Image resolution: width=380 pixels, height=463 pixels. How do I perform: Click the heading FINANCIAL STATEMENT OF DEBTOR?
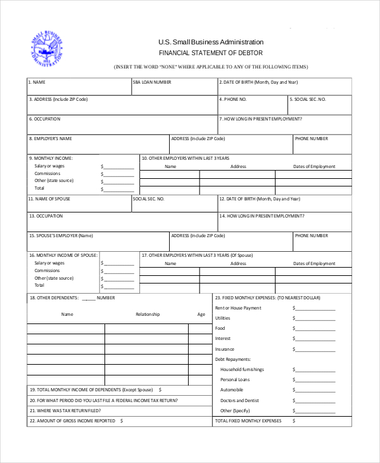pos(210,53)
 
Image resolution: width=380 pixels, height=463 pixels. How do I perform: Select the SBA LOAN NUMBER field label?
pos(152,82)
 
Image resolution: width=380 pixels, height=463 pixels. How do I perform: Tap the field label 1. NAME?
pos(37,82)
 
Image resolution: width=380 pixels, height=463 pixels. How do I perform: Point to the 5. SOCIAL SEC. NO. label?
pos(308,100)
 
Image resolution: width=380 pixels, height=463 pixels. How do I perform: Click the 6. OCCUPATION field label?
pos(45,119)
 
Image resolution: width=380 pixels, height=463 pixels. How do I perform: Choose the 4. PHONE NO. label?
pos(233,100)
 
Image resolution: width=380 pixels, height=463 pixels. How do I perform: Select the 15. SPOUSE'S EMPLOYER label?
pos(61,235)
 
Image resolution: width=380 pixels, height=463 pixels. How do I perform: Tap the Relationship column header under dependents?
pos(148,314)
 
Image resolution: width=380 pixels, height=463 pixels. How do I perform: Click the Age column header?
pos(201,314)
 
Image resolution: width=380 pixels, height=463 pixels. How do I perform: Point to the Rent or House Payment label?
pos(238,308)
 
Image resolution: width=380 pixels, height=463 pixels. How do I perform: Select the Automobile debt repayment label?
pos(231,389)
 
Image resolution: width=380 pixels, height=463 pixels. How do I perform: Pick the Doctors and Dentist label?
pos(239,400)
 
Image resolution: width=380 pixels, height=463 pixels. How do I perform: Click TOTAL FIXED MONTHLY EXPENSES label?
pos(248,421)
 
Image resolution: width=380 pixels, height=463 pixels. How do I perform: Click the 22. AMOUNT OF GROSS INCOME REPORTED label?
pos(72,421)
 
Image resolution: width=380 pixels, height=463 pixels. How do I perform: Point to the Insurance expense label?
pos(225,349)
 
